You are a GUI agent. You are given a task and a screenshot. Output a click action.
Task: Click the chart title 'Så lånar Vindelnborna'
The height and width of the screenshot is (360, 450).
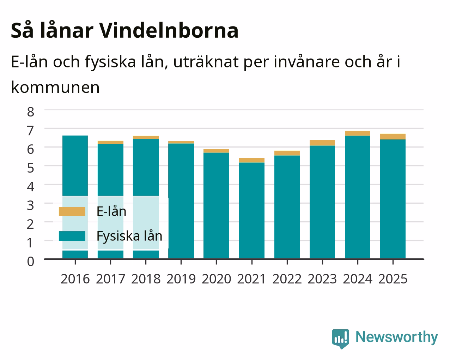(124, 31)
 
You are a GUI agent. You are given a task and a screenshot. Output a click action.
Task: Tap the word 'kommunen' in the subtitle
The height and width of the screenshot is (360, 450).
(55, 87)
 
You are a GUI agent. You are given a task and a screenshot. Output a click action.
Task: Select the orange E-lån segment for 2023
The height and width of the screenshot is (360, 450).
(322, 143)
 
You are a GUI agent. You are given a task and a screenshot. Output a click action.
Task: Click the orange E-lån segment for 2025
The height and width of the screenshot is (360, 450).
(393, 137)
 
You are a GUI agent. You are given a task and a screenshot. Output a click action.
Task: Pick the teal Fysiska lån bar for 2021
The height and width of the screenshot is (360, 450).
(252, 211)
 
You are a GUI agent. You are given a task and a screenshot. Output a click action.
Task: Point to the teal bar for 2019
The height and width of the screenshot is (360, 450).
(181, 201)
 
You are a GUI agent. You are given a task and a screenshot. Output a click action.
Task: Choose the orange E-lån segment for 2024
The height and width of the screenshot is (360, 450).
(358, 133)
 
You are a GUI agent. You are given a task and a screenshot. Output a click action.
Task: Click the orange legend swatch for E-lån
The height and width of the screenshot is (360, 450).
(72, 211)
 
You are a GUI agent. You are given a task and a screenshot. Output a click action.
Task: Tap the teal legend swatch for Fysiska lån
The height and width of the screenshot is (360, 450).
(72, 236)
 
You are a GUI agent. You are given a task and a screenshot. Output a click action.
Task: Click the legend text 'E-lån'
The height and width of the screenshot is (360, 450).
(111, 211)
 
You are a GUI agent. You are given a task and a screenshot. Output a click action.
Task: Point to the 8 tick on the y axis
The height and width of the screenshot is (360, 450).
(31, 112)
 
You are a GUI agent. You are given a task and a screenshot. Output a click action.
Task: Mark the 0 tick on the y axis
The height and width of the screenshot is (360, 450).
(31, 262)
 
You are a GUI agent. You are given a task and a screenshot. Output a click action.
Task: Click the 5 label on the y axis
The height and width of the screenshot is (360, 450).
(31, 168)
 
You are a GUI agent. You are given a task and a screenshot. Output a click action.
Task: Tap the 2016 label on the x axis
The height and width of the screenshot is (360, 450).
(75, 279)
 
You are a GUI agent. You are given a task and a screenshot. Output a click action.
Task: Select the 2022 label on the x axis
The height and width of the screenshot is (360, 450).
(287, 279)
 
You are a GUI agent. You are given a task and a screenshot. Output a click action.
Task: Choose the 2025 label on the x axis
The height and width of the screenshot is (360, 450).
(393, 279)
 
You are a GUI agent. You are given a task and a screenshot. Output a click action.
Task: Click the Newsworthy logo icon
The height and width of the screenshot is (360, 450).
(341, 339)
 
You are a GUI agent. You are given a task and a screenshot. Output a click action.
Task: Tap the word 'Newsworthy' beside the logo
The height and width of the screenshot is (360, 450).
(397, 337)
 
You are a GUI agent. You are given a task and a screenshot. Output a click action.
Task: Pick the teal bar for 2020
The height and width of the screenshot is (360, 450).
(216, 206)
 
